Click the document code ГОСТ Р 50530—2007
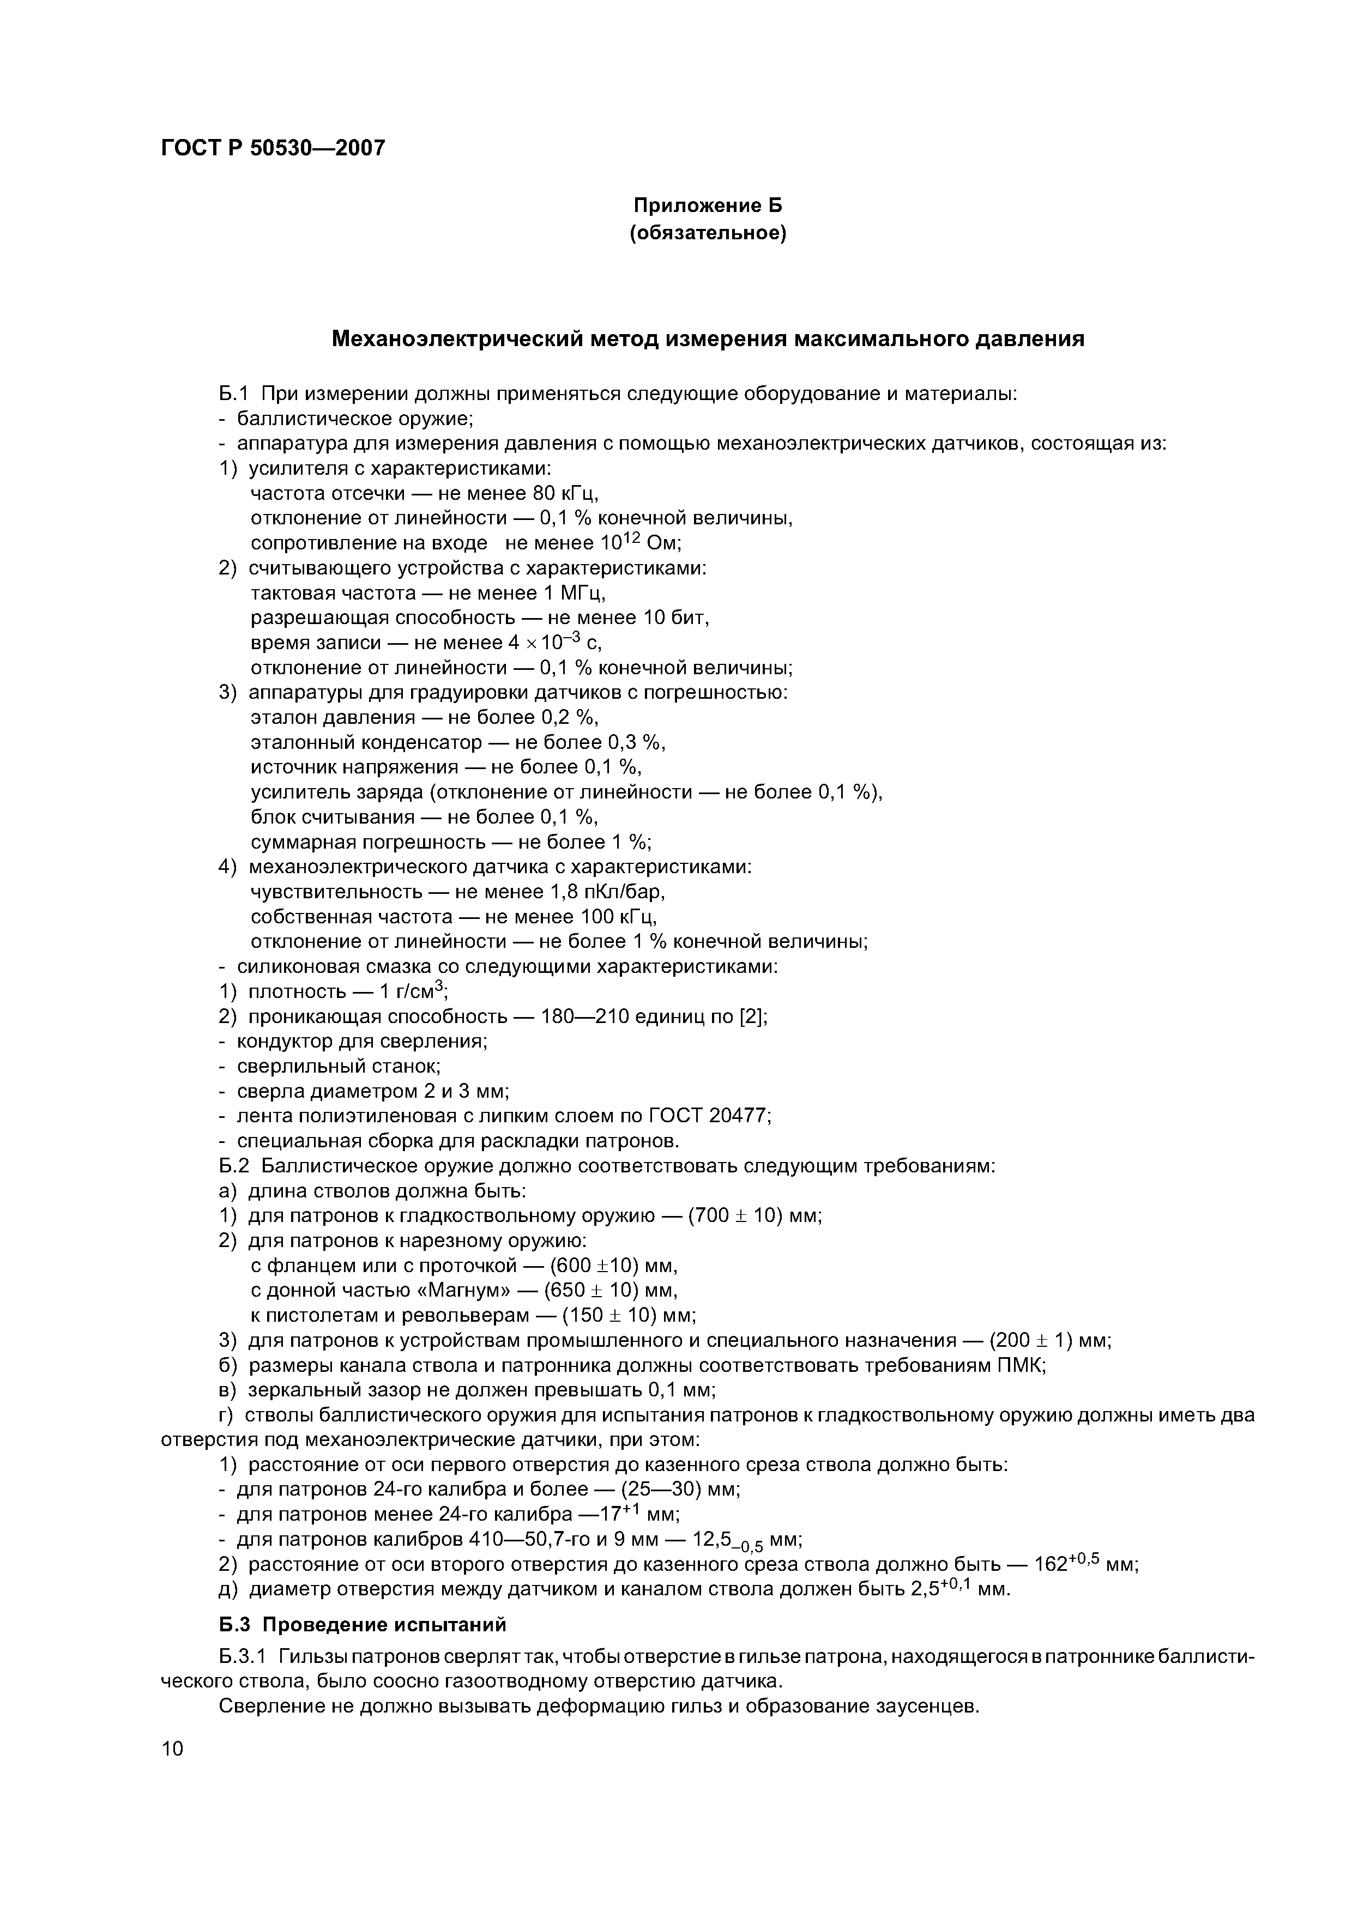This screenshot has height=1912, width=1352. (x=273, y=148)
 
